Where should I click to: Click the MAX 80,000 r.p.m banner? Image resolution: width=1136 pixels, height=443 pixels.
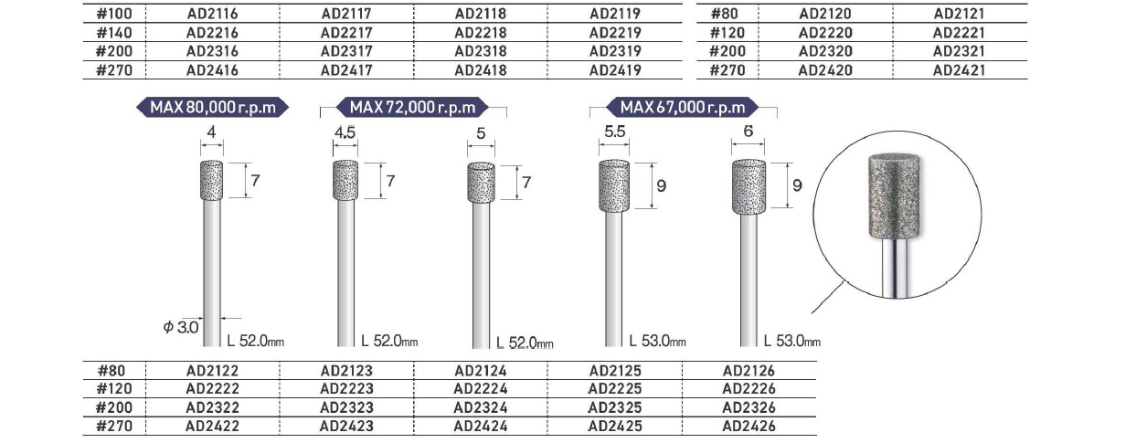click(x=213, y=107)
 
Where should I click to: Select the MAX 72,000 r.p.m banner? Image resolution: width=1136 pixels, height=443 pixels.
click(x=412, y=107)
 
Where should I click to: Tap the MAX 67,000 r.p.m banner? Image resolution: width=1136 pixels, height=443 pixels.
click(x=683, y=107)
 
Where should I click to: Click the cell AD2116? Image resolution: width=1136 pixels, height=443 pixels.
click(x=213, y=14)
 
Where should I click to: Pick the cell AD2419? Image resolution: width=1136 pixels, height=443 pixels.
click(x=615, y=70)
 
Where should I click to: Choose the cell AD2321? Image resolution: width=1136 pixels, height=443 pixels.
click(x=959, y=51)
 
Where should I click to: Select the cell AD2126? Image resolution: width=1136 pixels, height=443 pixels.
click(x=749, y=371)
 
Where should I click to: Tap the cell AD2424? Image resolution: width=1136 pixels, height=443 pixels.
click(x=481, y=426)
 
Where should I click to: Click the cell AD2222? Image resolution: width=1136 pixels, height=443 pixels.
click(x=213, y=389)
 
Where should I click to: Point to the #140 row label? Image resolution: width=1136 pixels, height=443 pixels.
click(x=114, y=33)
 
